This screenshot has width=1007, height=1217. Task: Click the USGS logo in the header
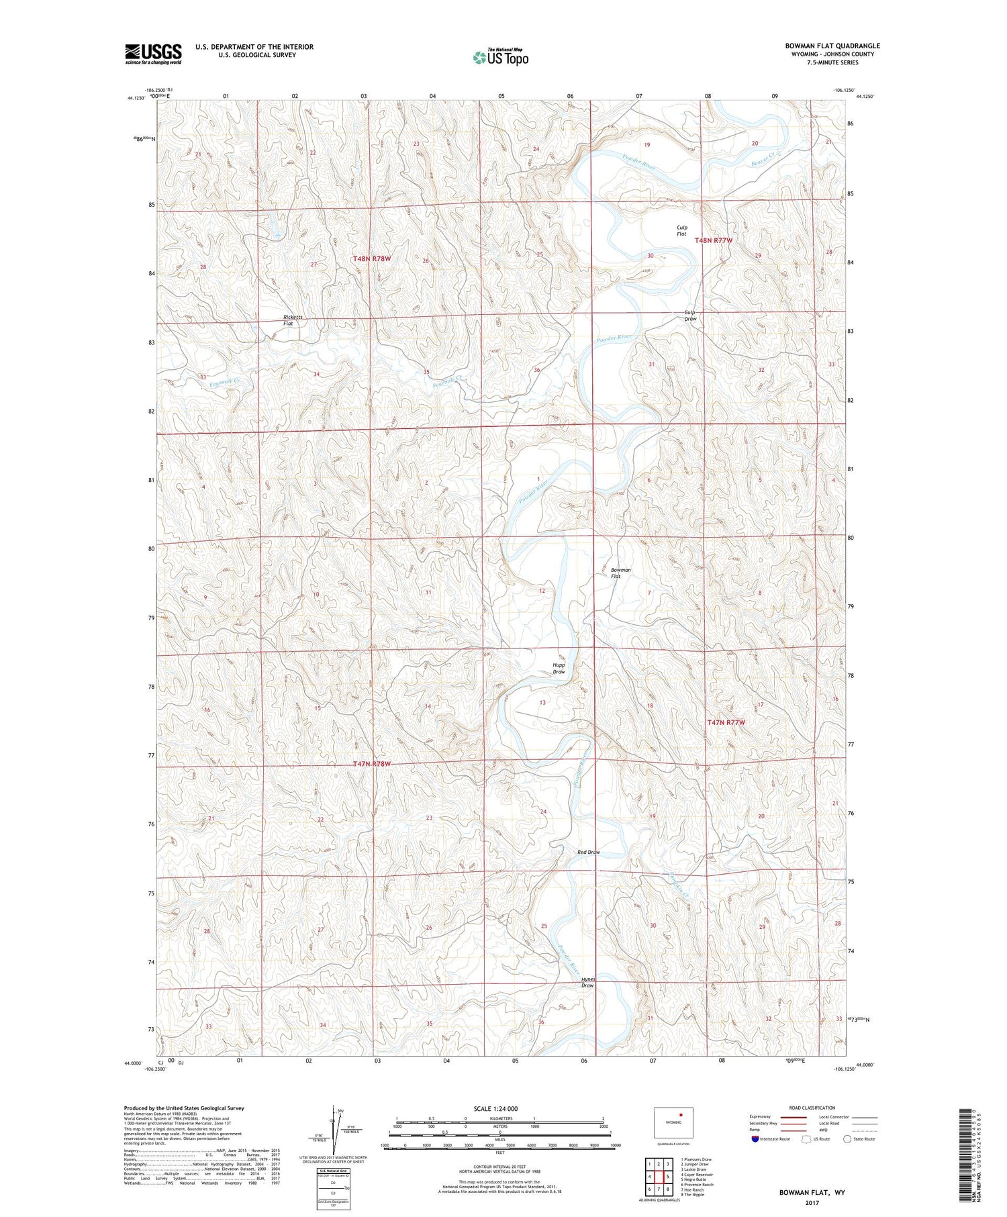153,54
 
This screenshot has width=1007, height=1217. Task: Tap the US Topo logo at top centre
500,58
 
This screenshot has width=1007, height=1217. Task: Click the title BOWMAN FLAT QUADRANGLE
832,46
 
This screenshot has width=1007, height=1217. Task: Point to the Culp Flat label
681,231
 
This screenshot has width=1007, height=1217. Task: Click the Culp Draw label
690,315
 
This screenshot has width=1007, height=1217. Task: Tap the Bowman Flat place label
620,573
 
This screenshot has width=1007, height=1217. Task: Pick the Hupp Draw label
559,668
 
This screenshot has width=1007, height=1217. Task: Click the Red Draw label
588,852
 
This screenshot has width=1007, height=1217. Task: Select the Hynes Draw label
587,982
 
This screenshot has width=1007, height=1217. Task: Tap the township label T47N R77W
726,722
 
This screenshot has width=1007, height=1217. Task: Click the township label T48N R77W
713,240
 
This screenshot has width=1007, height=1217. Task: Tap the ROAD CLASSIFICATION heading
812,1108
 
